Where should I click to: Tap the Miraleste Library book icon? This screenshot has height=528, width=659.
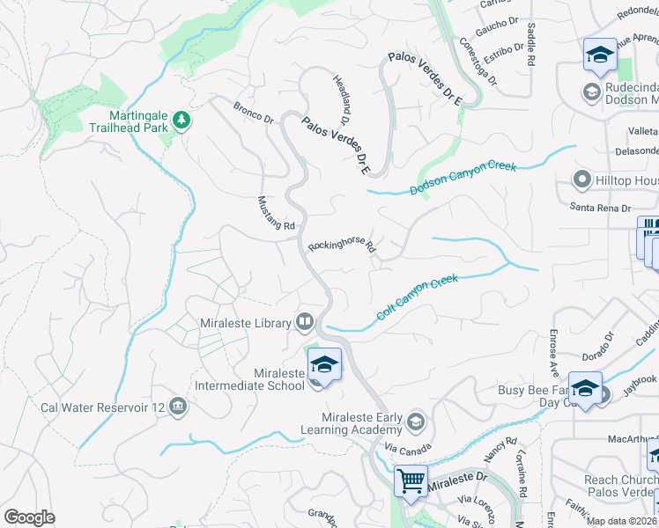[x=305, y=322]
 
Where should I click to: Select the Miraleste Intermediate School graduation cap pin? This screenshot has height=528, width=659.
[x=324, y=365]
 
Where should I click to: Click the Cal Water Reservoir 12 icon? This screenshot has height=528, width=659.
[x=178, y=406]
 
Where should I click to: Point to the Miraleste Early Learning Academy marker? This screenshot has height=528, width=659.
[x=416, y=423]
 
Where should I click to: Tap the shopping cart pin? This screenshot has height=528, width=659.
[x=411, y=481]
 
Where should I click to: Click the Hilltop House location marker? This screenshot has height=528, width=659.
[x=581, y=180]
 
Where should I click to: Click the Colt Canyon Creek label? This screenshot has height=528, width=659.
[x=418, y=298]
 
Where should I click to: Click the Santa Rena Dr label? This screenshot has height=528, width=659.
[x=601, y=208]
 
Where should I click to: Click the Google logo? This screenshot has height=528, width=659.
[x=29, y=517]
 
